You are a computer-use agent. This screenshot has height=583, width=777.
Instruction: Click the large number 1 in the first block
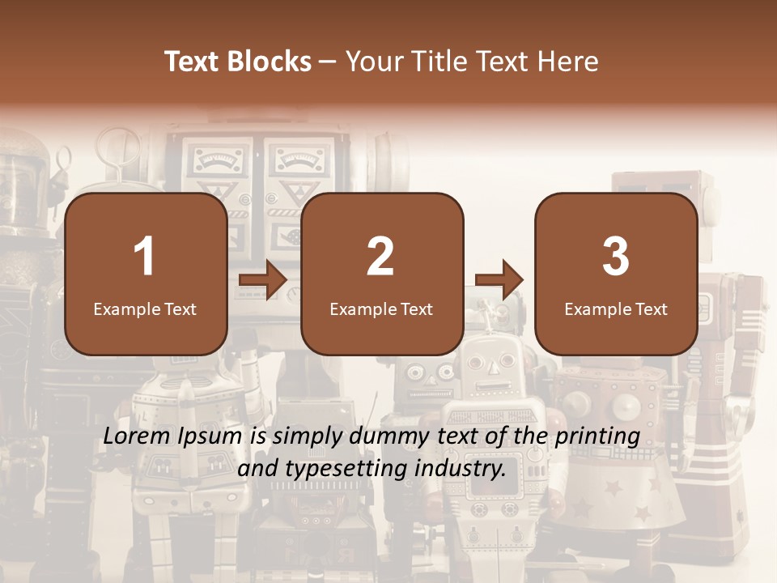pos(144,257)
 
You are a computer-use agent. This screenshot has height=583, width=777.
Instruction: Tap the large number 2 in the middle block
pos(380,257)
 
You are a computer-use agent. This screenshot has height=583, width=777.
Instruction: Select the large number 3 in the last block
pos(616,257)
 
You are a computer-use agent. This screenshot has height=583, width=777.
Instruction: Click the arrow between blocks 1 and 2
pos(263,280)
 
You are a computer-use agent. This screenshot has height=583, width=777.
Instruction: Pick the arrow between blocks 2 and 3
pos(499,280)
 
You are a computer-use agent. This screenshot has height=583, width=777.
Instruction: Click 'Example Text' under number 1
pos(145,309)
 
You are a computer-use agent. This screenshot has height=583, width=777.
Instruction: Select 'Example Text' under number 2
pos(381,309)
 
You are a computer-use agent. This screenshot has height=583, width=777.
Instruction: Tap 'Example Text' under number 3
pos(616,309)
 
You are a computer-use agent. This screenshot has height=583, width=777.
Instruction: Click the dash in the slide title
pos(329,62)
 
